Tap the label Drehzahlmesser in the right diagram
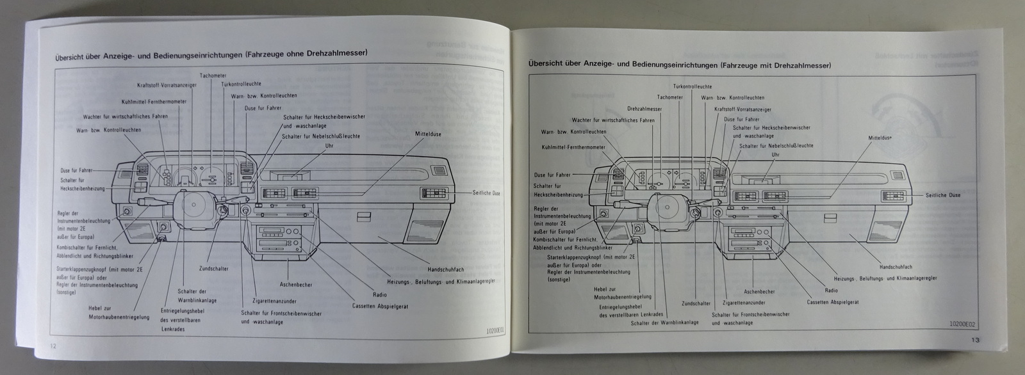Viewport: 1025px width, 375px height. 644,109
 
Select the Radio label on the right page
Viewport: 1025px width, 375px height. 832,290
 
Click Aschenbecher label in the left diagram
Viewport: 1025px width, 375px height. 295,283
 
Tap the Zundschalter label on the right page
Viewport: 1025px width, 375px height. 696,303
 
